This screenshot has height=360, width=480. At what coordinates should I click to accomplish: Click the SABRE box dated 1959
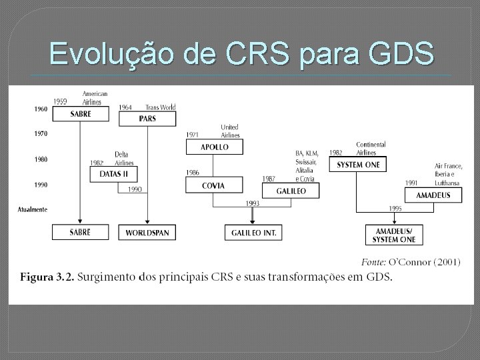[80, 114]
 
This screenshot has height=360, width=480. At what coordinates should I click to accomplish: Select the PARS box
[147, 119]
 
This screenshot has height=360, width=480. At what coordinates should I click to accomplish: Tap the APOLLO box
[215, 147]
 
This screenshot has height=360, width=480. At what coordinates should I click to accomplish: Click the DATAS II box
[113, 173]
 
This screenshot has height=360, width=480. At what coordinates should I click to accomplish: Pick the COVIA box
[214, 185]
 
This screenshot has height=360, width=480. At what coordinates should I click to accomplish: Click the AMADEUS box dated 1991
[433, 195]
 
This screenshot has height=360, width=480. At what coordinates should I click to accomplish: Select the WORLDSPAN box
[147, 232]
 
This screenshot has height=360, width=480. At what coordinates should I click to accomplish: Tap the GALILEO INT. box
[253, 232]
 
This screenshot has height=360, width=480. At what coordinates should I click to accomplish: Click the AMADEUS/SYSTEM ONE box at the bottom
[395, 235]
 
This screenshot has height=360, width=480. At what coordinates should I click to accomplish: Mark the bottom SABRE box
[80, 232]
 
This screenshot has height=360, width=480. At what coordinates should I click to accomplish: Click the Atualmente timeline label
[33, 209]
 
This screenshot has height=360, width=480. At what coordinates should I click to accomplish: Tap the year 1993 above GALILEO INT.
[253, 203]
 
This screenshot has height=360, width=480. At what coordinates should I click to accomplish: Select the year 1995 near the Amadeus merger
[395, 209]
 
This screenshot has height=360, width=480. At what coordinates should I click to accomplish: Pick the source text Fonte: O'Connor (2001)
[410, 262]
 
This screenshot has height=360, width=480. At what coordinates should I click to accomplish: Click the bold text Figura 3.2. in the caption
[47, 277]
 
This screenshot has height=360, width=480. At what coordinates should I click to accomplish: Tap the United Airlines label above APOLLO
[229, 130]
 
